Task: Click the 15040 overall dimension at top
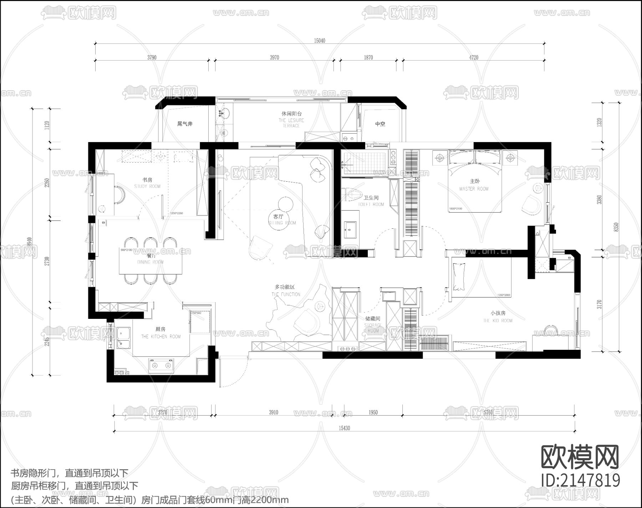[x=319, y=41]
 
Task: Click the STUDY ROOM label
[x=147, y=186]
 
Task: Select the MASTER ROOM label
[x=474, y=189]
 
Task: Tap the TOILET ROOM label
[x=371, y=204]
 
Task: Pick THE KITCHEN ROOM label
[x=160, y=336]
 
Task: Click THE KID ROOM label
[x=498, y=321]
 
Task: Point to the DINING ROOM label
[x=150, y=262]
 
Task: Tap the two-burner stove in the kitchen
[x=161, y=365]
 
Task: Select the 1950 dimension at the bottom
[x=373, y=412]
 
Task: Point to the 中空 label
[x=380, y=124]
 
